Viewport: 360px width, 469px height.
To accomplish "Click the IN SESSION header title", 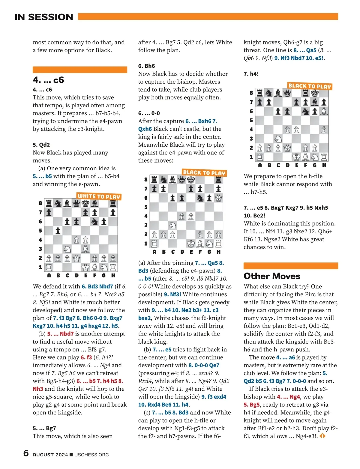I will pos(44,17).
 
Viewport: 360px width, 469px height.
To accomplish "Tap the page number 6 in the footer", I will pos(26,453).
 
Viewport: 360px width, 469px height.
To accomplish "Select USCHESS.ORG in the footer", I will pos(91,455).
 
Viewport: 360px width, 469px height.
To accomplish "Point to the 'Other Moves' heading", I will pos(272,276).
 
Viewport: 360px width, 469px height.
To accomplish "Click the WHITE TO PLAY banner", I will pos(99,196).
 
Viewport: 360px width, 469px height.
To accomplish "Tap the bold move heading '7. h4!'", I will pos(251,74).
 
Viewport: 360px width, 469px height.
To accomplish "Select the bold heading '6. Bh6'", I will pos(146,66).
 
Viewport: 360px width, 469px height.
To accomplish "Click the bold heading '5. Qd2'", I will pos(41,145).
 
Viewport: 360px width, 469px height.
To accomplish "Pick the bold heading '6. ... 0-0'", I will pos(149,113).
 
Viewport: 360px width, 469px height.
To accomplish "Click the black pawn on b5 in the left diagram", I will pos(58,231).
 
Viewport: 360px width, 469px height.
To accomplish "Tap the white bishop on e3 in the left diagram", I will pos(85,249).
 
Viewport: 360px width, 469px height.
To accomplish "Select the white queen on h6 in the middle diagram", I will pos(218,198).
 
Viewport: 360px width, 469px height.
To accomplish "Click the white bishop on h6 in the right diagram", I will pos(324,111).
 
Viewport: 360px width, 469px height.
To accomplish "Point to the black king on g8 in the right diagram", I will pos(315,93).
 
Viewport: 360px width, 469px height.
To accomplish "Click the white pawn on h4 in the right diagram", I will pos(324,130).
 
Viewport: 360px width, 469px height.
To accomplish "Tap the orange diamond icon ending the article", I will pos(322,436).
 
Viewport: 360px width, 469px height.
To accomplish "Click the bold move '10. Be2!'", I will pos(254,216).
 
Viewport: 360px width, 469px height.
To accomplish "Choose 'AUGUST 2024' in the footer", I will pos(50,455).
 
